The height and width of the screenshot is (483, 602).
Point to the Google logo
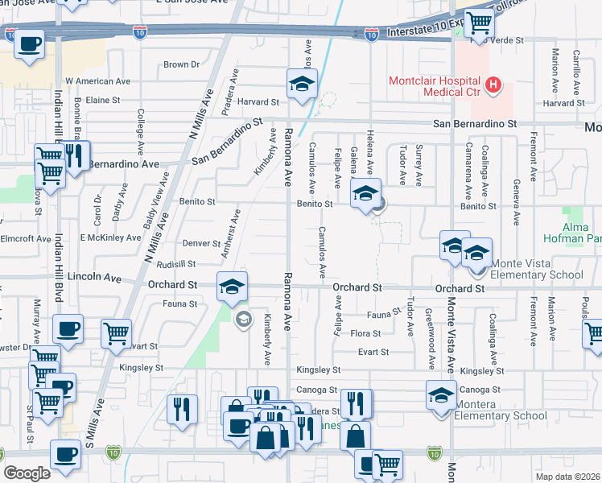point(27,473)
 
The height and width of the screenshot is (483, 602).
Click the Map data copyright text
point(568,477)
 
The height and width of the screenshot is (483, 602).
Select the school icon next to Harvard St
point(302,84)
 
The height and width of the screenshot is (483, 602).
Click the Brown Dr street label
point(181,64)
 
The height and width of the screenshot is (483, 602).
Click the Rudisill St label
point(176,264)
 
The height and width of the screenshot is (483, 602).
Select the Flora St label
point(365,332)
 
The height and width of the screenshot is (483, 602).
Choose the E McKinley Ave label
point(110,237)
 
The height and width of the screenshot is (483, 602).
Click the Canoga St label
point(315,390)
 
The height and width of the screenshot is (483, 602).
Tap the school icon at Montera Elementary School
point(441,395)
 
